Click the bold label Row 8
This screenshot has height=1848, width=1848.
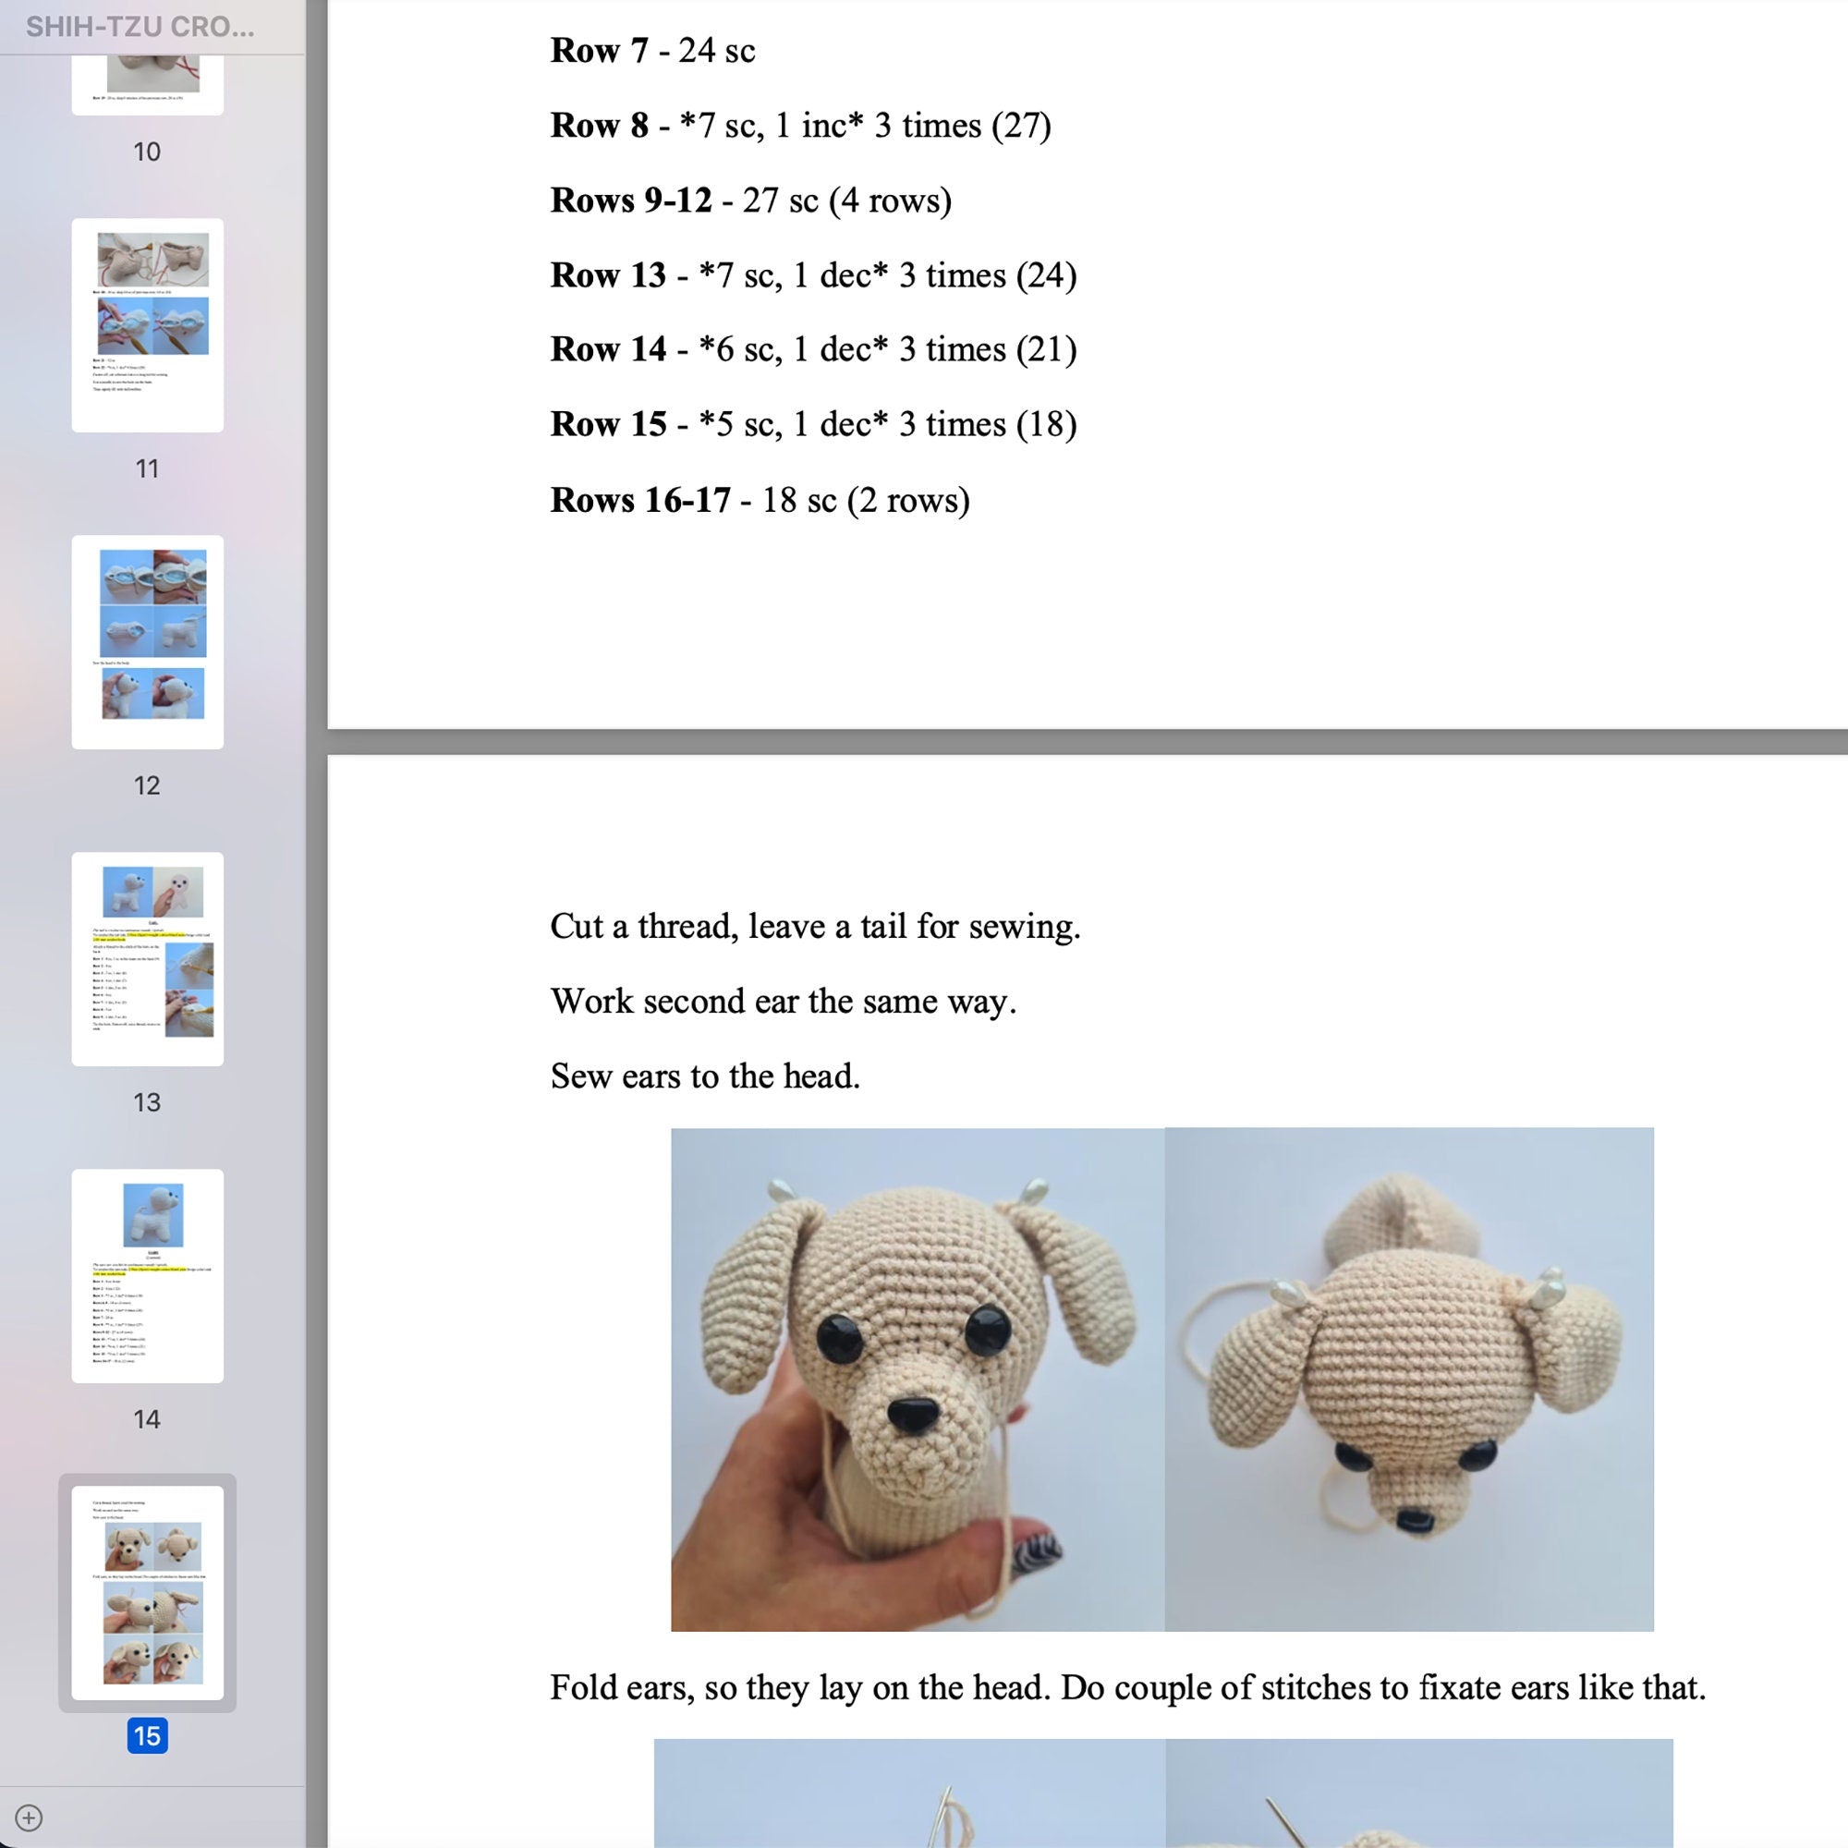point(599,126)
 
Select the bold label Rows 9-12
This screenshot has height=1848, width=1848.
point(630,200)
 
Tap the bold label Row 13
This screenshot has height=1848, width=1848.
point(607,274)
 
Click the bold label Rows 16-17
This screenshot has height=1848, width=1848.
point(639,499)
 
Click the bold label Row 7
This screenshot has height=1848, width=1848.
point(599,51)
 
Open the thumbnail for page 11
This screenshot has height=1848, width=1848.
point(147,325)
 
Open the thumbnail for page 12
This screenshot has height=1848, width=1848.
point(147,642)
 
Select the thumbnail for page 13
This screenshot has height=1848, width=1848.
point(147,958)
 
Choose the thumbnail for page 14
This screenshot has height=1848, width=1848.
point(147,1275)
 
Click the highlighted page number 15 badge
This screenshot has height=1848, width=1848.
point(147,1735)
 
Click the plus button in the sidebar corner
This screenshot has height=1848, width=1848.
point(29,1818)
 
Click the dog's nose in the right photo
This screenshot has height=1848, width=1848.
point(1413,1519)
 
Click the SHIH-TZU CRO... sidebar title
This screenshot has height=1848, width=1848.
point(140,27)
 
